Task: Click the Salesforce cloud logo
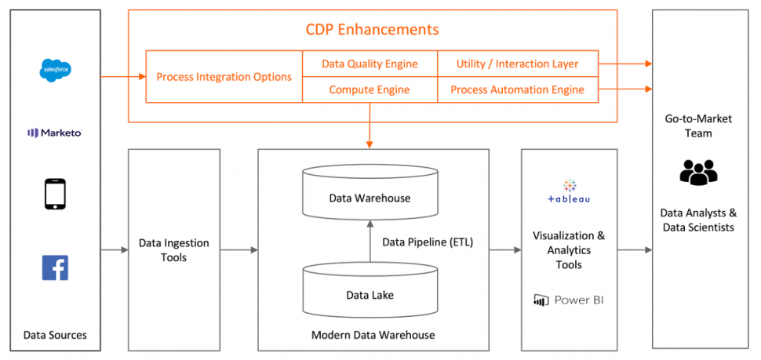coord(56,71)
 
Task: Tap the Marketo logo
coord(55,133)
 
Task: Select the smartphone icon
coord(55,194)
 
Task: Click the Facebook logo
coord(55,267)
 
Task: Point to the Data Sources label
coord(55,335)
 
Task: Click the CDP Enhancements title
coord(372,30)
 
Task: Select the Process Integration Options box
coord(224,77)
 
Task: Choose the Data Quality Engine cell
coord(370,64)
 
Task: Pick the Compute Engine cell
coord(370,89)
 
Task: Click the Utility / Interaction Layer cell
coord(517,64)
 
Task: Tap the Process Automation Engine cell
coord(517,89)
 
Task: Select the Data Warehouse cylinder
coord(370,193)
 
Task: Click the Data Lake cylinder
coord(370,290)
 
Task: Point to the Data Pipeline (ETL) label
coord(428,242)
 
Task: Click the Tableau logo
coord(569,192)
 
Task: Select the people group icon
coord(698,172)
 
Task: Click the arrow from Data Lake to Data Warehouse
coord(370,242)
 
